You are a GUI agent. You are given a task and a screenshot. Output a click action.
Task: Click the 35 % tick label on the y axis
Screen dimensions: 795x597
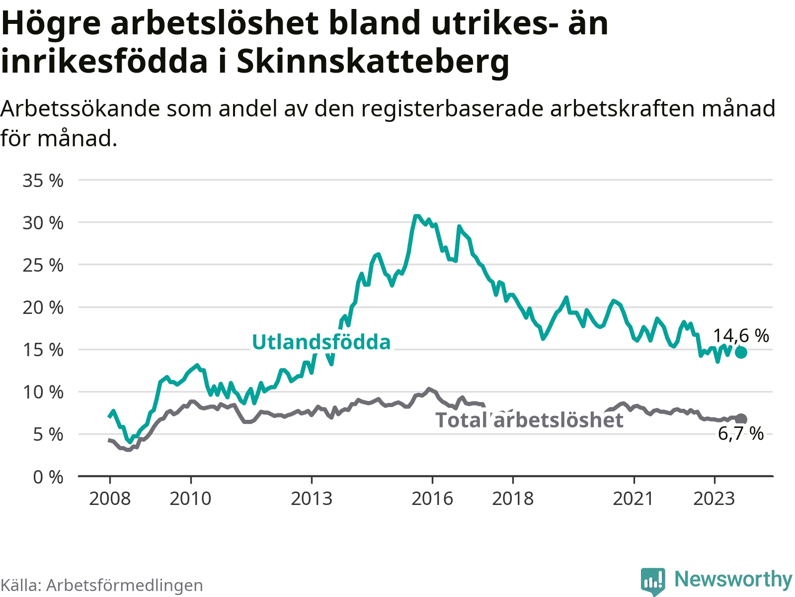pos(43,181)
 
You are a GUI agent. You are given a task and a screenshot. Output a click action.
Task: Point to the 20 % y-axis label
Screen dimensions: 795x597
pos(43,308)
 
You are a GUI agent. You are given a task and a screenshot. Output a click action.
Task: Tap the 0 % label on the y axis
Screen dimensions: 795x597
pos(48,478)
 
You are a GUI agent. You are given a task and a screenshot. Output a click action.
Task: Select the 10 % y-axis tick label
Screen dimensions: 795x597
pos(43,393)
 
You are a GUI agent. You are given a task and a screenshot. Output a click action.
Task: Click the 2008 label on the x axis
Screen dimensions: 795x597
pos(110,499)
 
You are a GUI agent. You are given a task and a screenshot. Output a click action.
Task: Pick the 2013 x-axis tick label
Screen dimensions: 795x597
pos(312,499)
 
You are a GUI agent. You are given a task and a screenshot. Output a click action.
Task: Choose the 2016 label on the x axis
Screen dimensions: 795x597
pos(432,499)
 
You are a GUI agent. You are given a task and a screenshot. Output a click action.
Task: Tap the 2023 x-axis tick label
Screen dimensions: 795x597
pos(714,499)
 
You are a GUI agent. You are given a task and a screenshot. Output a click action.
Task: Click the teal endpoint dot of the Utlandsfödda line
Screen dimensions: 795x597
pos(741,352)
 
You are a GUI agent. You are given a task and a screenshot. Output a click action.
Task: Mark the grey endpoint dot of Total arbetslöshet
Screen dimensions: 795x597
pos(741,419)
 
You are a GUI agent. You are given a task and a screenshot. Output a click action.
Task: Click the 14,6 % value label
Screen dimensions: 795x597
pos(741,336)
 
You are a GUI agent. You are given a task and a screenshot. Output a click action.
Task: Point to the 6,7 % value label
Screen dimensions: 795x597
pos(741,434)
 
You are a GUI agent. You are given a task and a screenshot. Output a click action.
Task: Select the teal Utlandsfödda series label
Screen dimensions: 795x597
pos(321,342)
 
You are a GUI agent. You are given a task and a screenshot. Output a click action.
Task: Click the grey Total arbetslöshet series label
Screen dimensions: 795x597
pos(529,420)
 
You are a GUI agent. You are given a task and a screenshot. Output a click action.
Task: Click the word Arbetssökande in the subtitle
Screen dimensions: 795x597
pos(80,108)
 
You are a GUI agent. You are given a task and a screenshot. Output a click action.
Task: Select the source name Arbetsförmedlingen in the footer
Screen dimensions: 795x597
pos(125,585)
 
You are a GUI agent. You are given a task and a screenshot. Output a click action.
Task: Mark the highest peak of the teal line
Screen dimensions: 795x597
pos(416,216)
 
